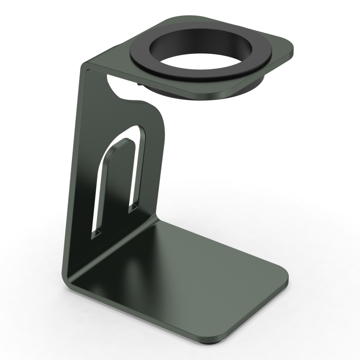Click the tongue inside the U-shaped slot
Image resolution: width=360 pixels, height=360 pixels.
pos(115,187)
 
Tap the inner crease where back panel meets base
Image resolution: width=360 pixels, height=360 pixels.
pos(115,250)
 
